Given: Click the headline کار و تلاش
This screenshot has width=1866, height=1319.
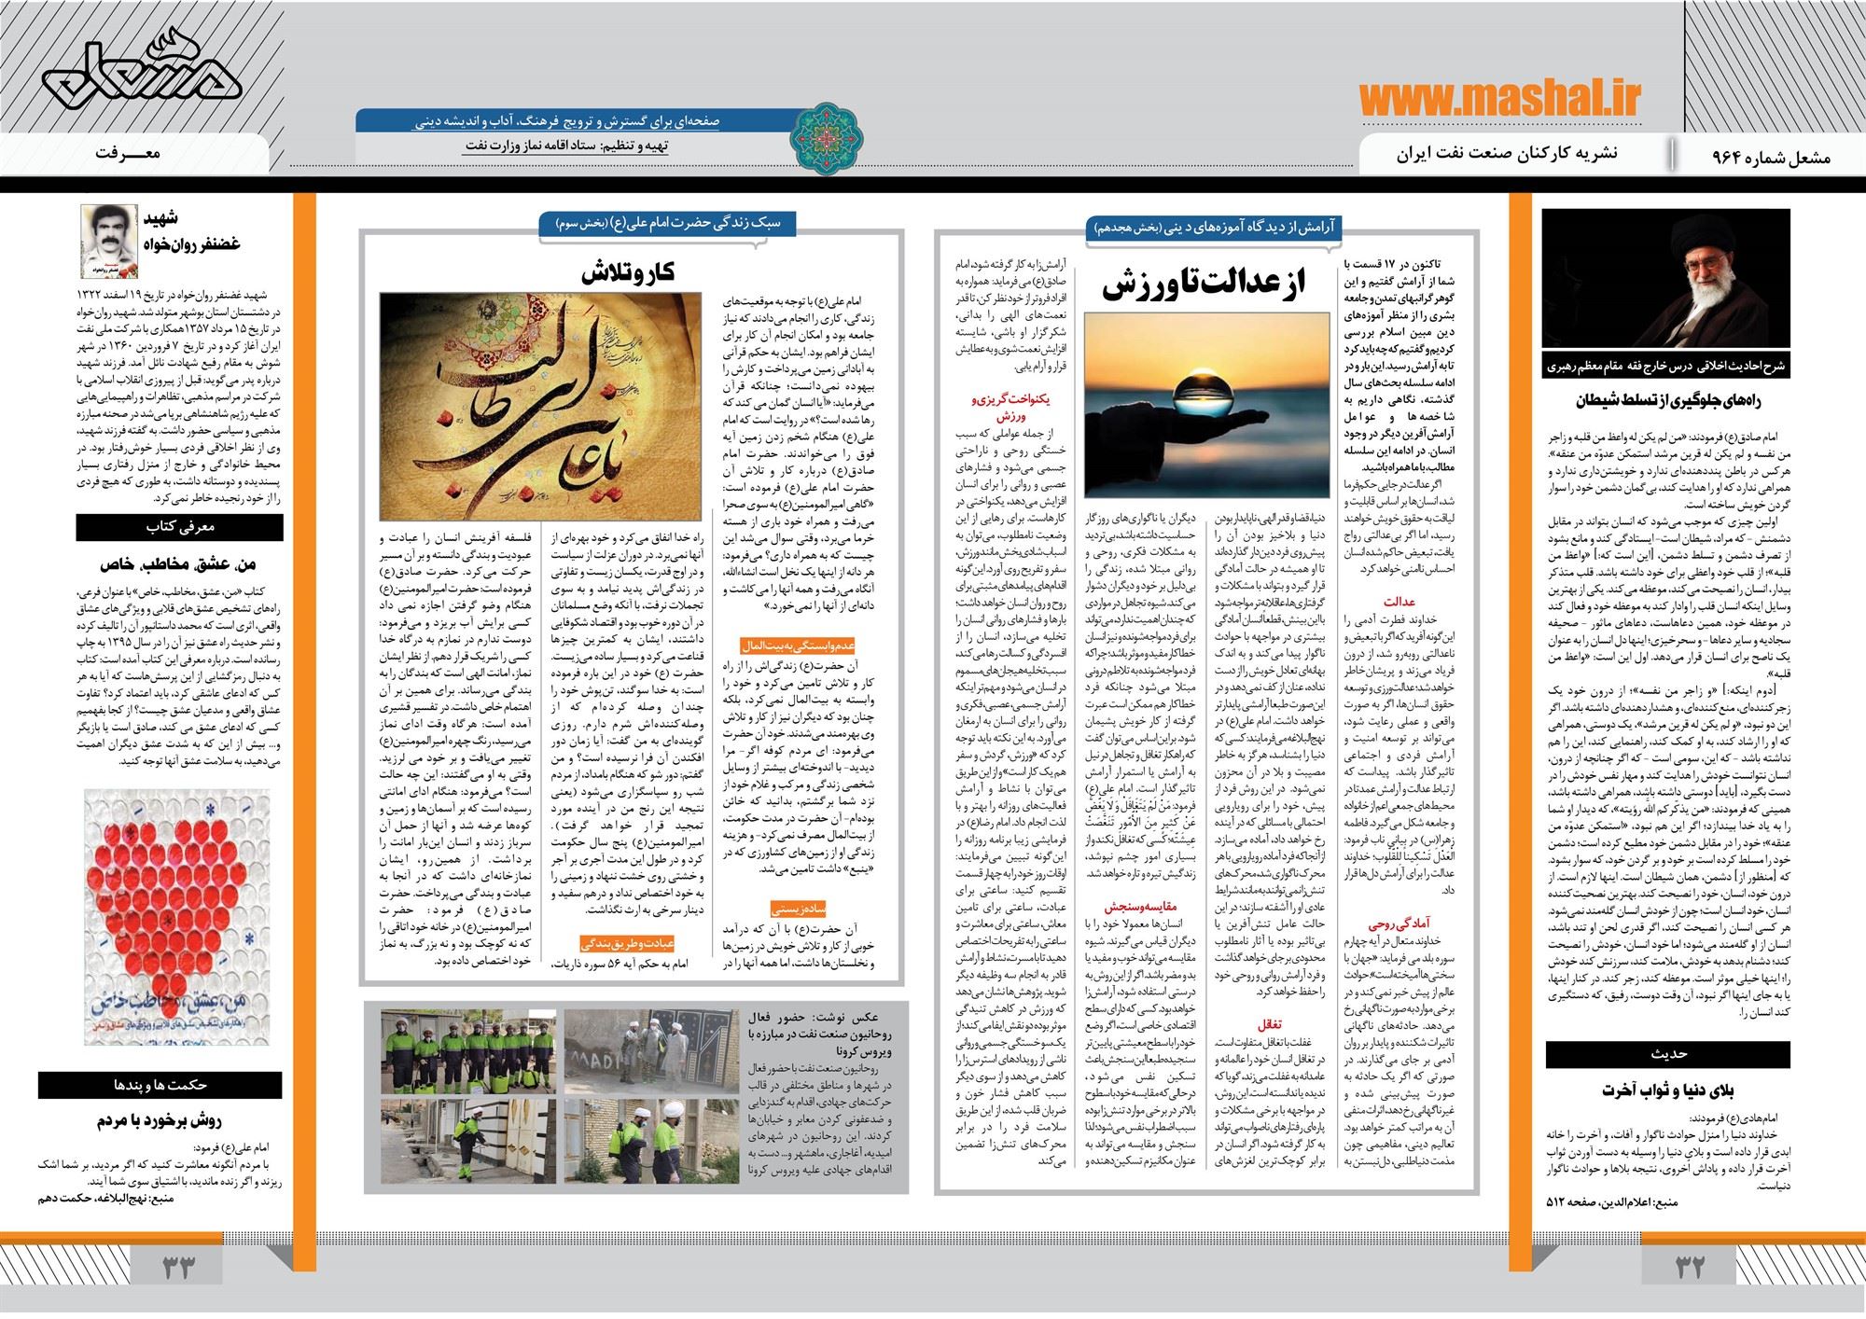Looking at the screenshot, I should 626,274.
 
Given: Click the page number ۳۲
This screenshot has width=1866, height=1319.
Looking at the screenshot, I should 1690,1268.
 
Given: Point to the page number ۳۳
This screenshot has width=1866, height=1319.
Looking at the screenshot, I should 176,1268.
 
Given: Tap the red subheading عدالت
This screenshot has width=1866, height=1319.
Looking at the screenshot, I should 1400,603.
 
